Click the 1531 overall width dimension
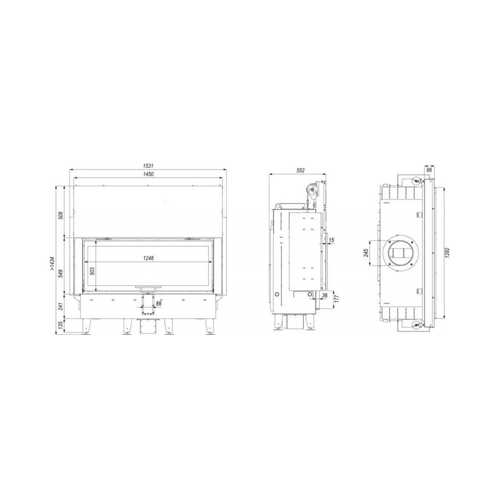(x=148, y=166)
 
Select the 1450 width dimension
(x=148, y=174)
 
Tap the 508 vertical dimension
(x=61, y=216)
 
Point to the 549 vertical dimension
(x=61, y=273)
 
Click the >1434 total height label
(x=53, y=264)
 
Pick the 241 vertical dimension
(x=61, y=306)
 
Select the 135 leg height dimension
(x=61, y=325)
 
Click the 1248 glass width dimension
(x=148, y=258)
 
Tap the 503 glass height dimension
(x=93, y=271)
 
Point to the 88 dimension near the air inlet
(x=159, y=303)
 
